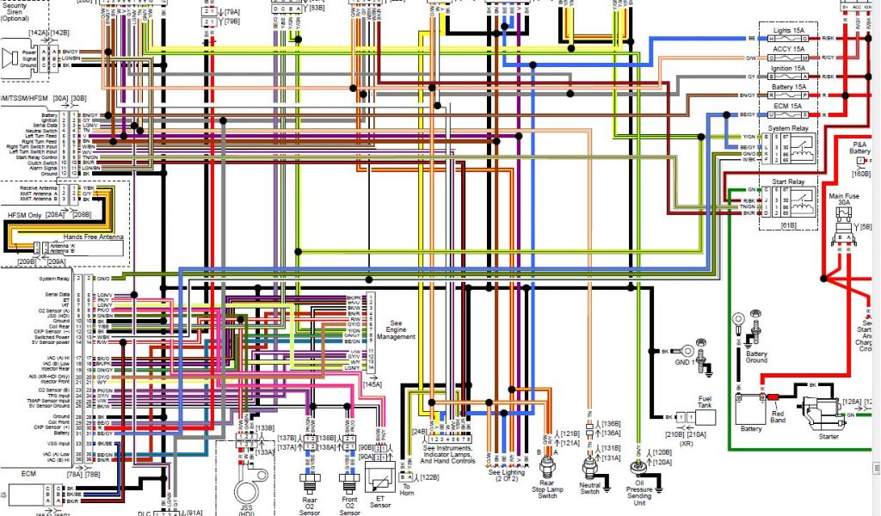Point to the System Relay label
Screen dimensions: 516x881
pos(788,127)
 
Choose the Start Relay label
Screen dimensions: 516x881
pos(788,181)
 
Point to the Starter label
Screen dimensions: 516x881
pos(829,437)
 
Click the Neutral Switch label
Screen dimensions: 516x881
pos(590,488)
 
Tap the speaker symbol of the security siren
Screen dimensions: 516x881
pos(12,58)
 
